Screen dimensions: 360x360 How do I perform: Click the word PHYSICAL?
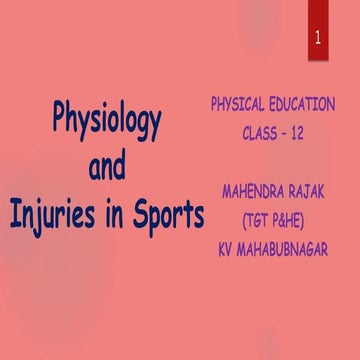pos(240,104)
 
